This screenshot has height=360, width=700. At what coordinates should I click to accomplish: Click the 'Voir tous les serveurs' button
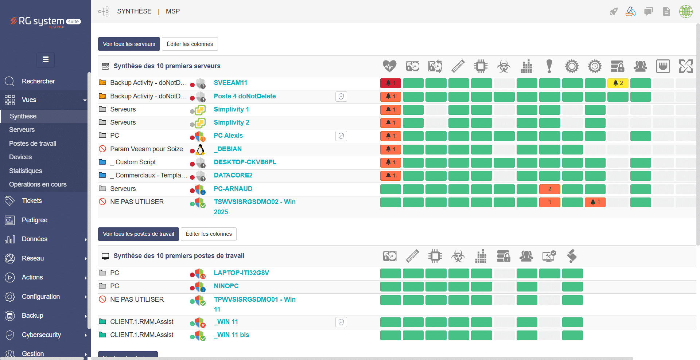click(x=129, y=44)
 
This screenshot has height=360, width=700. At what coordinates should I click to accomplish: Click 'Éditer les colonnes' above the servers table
click(x=190, y=44)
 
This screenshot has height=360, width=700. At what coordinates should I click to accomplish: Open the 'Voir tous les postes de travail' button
click(x=139, y=234)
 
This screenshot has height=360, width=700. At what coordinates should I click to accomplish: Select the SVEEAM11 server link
click(x=230, y=83)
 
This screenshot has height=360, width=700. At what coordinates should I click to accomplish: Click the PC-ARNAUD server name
click(x=233, y=189)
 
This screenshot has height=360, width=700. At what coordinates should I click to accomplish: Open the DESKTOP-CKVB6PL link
click(x=245, y=162)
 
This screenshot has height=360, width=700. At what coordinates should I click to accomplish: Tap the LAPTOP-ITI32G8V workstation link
click(x=241, y=273)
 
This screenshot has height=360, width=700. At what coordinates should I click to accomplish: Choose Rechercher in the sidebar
click(x=38, y=81)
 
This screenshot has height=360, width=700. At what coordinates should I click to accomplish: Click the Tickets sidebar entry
click(x=32, y=201)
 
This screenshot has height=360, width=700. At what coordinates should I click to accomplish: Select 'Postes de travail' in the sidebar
click(x=33, y=144)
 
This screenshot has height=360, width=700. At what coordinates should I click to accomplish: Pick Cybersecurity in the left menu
click(x=41, y=335)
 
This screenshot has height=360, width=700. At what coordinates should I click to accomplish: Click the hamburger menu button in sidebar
click(x=46, y=60)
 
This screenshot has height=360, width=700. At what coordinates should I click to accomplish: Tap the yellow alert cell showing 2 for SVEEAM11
click(x=618, y=83)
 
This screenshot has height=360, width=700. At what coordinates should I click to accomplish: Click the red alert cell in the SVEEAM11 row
click(x=390, y=83)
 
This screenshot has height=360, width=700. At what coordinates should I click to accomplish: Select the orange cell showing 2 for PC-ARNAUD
click(x=550, y=189)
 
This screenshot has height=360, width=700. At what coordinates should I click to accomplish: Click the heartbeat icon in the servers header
click(x=389, y=66)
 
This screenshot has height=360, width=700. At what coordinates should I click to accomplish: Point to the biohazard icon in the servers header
click(x=503, y=66)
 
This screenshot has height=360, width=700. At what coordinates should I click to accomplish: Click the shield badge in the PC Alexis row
click(x=341, y=136)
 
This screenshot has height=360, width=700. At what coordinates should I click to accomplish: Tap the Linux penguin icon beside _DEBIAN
click(x=200, y=149)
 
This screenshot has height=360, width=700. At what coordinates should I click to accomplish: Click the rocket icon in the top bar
click(x=614, y=12)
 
